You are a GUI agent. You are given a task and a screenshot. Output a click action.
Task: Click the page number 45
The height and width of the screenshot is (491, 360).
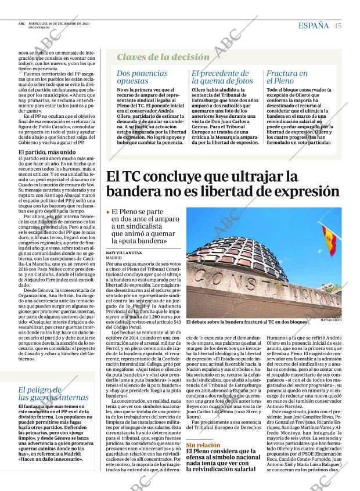[x=337, y=25]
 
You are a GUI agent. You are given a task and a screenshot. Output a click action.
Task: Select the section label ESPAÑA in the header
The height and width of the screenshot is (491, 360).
[x=314, y=25]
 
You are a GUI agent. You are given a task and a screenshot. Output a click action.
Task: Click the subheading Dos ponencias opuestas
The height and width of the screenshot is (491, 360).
[x=142, y=77]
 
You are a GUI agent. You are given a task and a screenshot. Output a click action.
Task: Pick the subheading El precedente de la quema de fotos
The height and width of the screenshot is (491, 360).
[x=222, y=77]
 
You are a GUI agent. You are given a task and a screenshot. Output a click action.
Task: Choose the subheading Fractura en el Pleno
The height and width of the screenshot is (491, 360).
[x=287, y=77]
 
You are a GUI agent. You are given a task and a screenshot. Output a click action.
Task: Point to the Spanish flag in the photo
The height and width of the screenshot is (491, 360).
[x=329, y=240]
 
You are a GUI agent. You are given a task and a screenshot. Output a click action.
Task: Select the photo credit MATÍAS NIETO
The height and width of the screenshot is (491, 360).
[x=331, y=320]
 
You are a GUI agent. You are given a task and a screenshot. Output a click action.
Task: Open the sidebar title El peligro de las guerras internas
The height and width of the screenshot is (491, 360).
[x=53, y=393]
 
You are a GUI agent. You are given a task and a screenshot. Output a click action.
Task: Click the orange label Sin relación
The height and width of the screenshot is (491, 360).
[x=203, y=445]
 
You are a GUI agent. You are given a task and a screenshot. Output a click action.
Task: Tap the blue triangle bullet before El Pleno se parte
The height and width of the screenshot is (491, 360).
[x=109, y=213]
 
